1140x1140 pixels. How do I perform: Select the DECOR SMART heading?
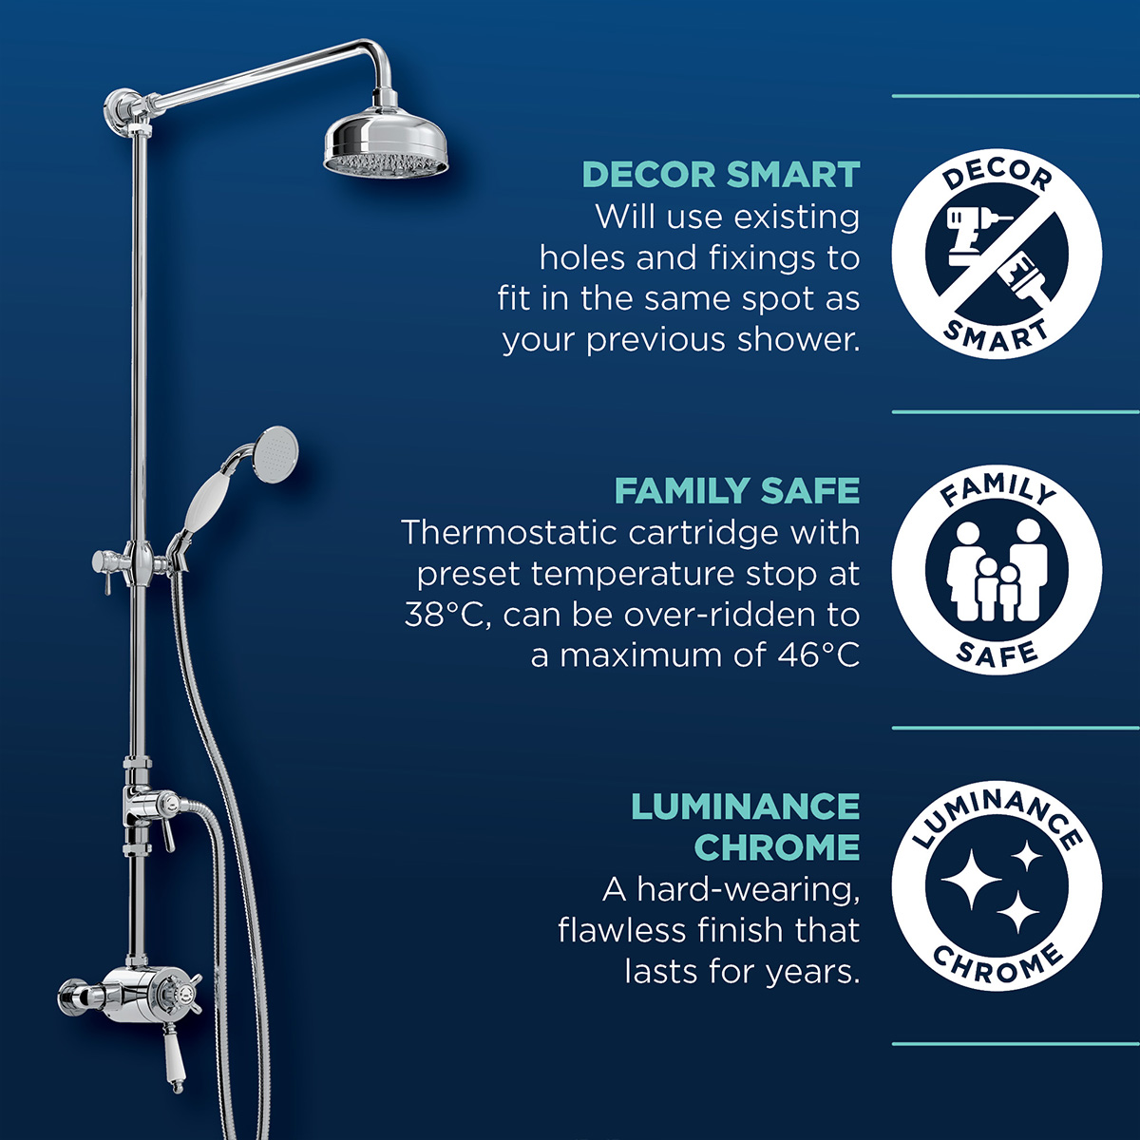click(x=720, y=175)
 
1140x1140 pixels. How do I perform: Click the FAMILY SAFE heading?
click(x=736, y=491)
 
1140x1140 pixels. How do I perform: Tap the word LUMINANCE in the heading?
click(x=745, y=807)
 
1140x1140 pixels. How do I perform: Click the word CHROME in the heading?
click(x=776, y=846)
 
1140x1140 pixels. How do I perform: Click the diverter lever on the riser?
click(x=167, y=826)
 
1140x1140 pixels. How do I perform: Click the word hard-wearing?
click(x=748, y=889)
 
